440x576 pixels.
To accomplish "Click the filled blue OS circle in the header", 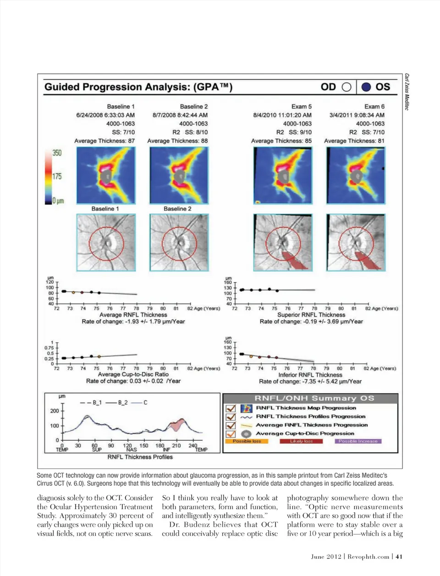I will point(366,87).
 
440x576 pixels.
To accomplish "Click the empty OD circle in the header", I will point(346,87).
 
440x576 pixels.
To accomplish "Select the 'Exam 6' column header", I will point(374,106).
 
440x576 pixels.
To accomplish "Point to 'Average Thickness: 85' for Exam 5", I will point(281,141).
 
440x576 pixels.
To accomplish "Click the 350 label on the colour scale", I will point(57,153).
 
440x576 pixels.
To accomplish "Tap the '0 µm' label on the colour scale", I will point(58,201).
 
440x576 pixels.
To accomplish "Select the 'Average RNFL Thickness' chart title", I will point(133,315).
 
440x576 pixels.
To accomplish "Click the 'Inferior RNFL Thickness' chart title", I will point(310,375).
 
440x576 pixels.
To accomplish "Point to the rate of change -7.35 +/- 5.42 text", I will point(310,382).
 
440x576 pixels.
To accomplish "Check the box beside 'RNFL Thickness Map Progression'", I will point(231,408).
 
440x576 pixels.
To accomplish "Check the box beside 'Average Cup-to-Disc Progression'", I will point(231,434).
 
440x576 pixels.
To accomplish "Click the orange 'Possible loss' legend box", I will point(247,441).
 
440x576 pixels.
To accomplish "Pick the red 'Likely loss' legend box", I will point(301,441).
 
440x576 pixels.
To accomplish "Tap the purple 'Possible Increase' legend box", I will point(358,441).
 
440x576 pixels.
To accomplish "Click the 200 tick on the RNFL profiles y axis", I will point(55,411).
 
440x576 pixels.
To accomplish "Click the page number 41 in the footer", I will point(399,556).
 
